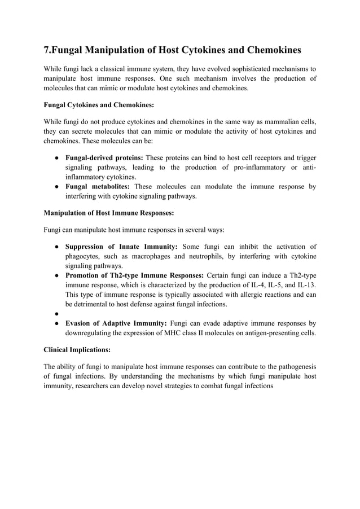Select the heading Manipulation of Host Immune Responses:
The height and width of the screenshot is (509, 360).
click(109, 213)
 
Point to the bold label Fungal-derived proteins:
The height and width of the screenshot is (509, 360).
click(104, 157)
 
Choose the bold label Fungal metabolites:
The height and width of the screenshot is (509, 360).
click(98, 187)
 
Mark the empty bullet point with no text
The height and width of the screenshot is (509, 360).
click(58, 314)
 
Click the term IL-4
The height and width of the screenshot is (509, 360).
click(256, 286)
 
